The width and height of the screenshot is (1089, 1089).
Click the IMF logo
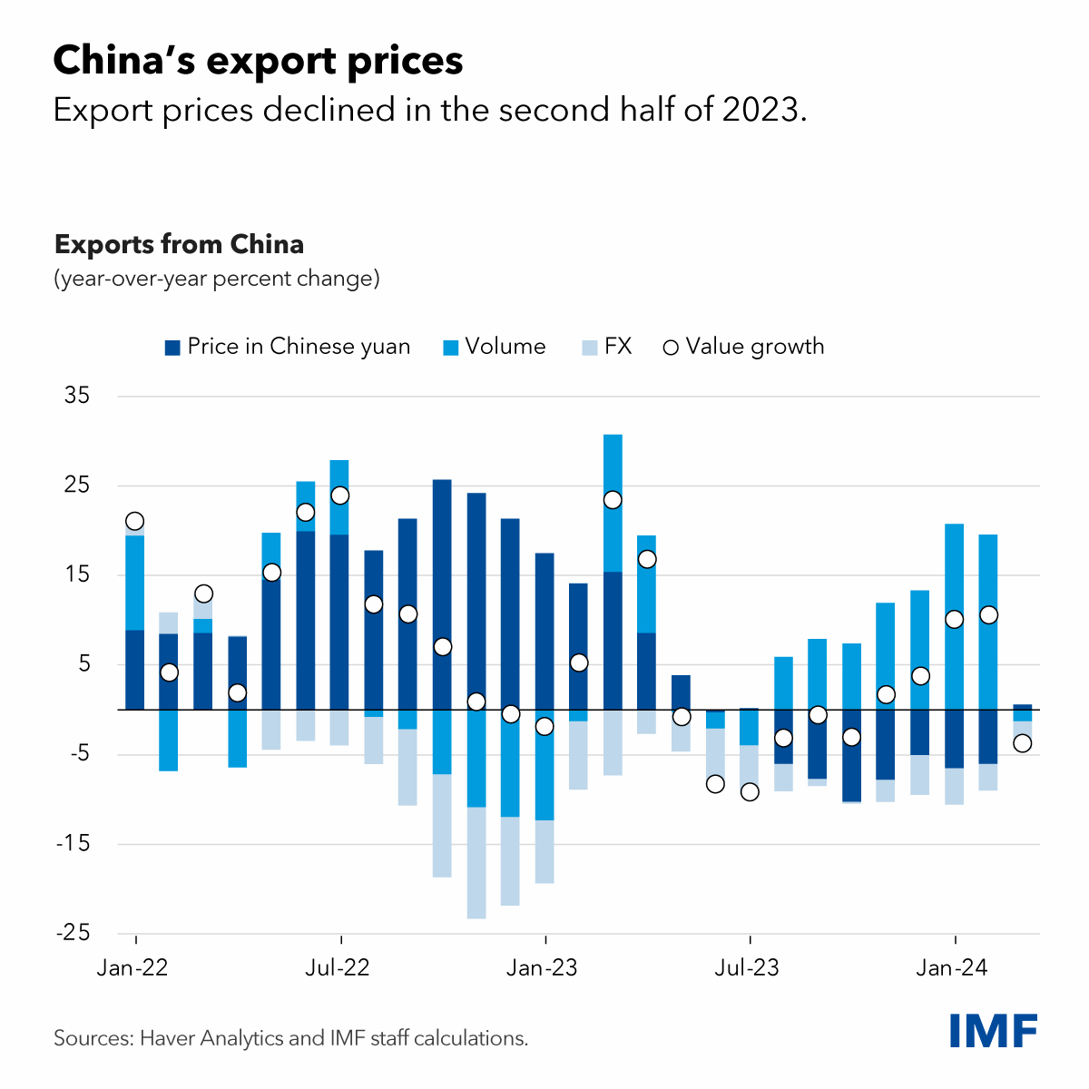pos(994,1031)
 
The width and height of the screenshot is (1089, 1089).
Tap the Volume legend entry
pos(495,347)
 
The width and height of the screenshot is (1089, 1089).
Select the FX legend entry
pos(606,347)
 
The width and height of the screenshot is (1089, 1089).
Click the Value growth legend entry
pos(744,347)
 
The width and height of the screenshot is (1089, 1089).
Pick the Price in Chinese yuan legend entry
pos(288,347)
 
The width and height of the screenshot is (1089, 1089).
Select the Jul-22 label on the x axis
pos(338,968)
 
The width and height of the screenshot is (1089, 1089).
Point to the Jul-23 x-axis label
pos(747,968)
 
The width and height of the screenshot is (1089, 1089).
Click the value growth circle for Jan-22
pos(135,521)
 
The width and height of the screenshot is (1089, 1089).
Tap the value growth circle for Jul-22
pos(340,495)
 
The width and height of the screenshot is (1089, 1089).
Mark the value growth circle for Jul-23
pos(750,792)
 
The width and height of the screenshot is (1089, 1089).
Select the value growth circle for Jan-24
pos(954,620)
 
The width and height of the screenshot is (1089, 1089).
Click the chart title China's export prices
pos(259,61)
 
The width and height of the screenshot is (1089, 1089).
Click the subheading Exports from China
pos(179,245)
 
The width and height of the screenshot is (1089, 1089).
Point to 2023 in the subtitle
pos(761,110)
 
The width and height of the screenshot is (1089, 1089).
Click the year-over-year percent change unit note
pos(217,278)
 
